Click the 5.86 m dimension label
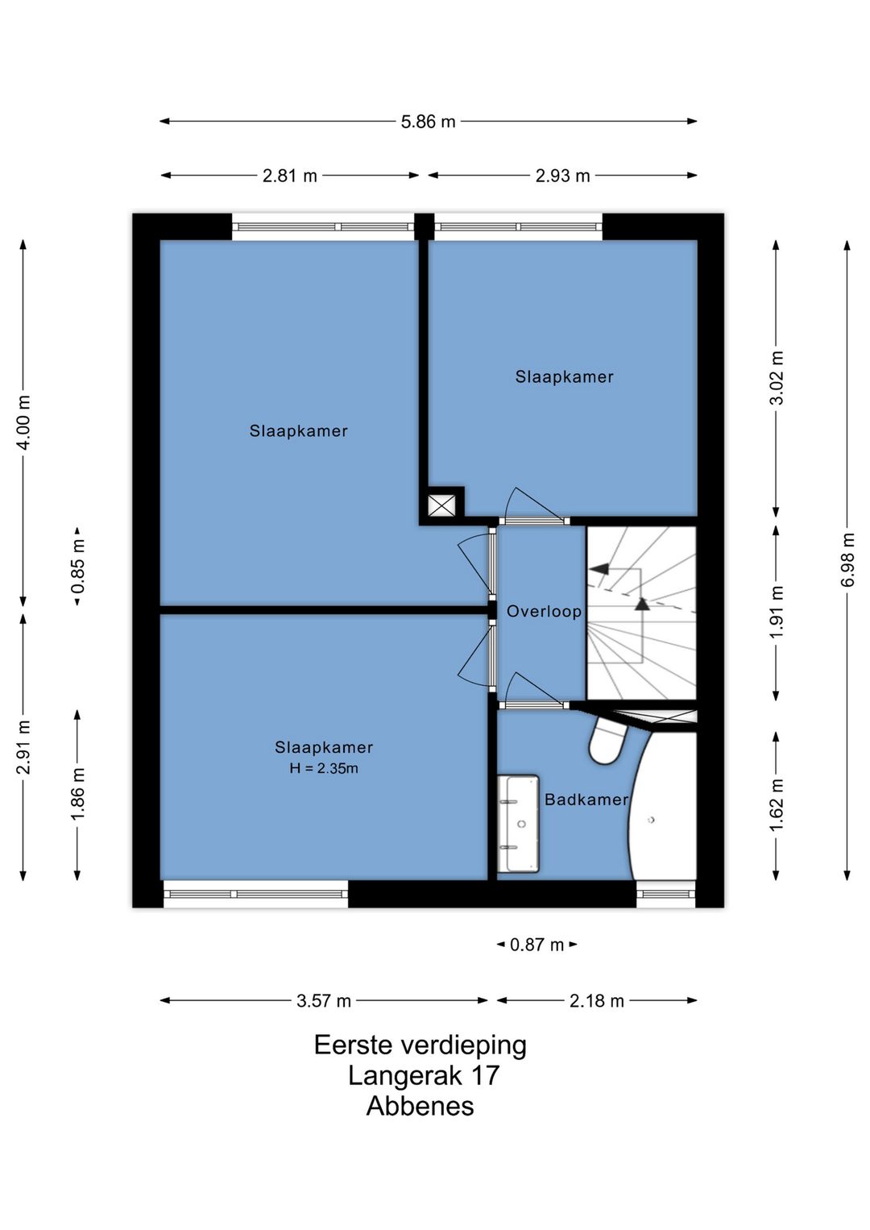point(428,122)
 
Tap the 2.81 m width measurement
point(290,176)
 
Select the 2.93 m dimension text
point(562,176)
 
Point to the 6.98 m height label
point(847,559)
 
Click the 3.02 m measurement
point(776,378)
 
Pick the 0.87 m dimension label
point(536,945)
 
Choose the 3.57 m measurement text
point(324,1000)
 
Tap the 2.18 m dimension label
point(597,1000)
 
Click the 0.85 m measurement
point(77,567)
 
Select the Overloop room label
point(544,612)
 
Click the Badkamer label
point(586,800)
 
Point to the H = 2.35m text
point(324,768)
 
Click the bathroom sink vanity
point(518,824)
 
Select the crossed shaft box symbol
point(442,505)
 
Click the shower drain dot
point(651,820)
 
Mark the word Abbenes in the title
point(420,1106)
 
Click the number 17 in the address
point(485,1075)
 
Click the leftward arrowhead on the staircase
point(600,569)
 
